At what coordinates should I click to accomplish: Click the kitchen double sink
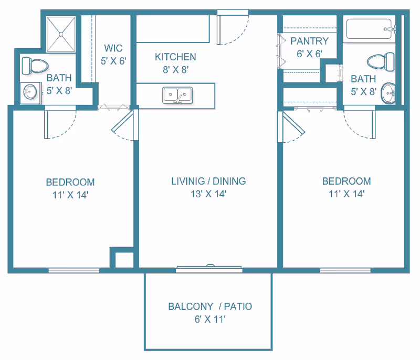click(x=177, y=96)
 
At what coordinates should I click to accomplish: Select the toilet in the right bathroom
click(x=381, y=61)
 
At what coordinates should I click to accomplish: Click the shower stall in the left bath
click(x=62, y=34)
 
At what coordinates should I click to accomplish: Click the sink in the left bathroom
click(x=30, y=92)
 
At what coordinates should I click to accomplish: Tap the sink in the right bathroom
click(x=388, y=93)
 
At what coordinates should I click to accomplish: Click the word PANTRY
click(x=309, y=41)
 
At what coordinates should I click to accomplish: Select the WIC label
click(x=113, y=49)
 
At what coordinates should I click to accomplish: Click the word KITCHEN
click(x=175, y=57)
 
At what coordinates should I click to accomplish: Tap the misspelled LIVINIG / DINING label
click(x=208, y=182)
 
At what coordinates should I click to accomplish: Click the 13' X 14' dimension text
click(x=208, y=194)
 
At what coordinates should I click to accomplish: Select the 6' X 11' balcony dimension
click(x=209, y=319)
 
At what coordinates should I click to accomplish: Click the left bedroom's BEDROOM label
click(x=70, y=182)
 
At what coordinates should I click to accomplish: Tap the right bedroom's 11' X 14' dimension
click(x=346, y=194)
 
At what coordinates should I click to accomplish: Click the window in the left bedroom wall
click(x=73, y=270)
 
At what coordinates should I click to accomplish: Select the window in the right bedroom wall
click(x=345, y=270)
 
